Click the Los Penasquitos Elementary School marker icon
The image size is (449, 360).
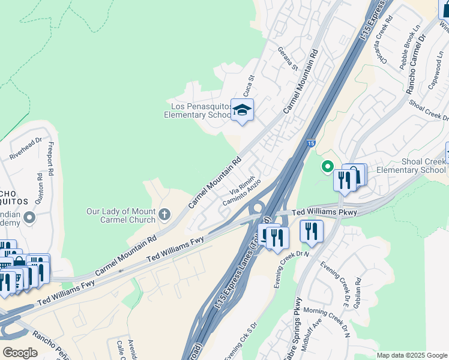coord(242,110)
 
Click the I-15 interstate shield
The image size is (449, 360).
coord(310,143)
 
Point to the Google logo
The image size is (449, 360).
coord(20,353)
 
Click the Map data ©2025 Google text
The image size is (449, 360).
coord(412,355)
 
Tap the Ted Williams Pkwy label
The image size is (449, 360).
coord(324,212)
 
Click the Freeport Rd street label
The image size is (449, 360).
coord(51,159)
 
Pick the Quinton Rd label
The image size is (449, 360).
coord(40,188)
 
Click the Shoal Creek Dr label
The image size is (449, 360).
coord(428,110)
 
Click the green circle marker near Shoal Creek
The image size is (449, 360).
coord(327,166)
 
